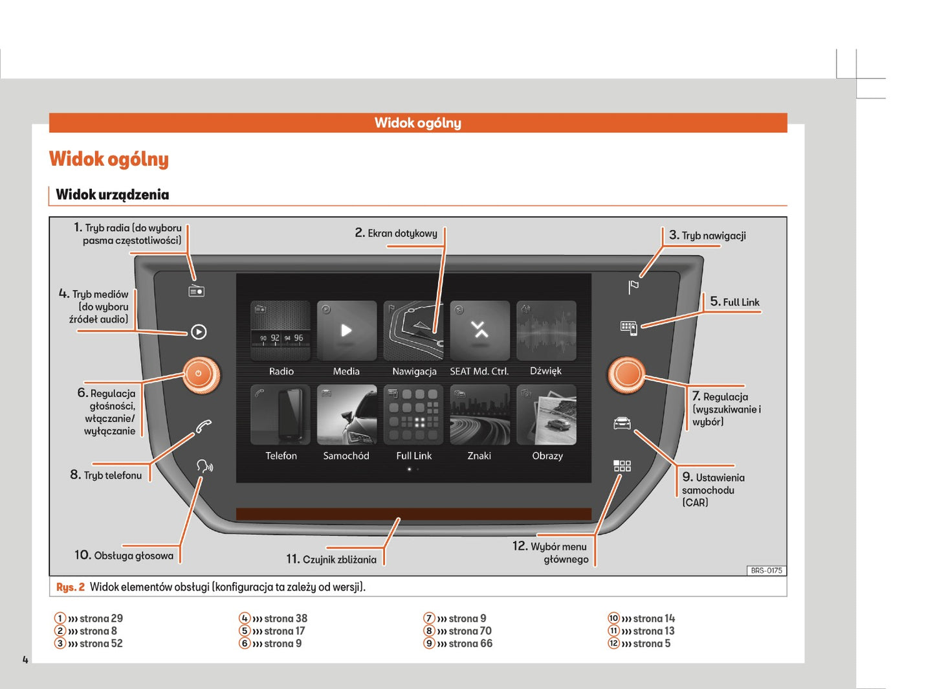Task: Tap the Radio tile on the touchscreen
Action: tap(280, 331)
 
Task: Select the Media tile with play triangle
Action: tap(347, 331)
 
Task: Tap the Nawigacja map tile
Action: tap(413, 331)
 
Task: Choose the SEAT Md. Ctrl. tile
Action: tap(479, 331)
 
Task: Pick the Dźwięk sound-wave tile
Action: tap(546, 331)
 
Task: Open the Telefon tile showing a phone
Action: tap(280, 415)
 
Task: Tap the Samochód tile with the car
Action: tap(347, 415)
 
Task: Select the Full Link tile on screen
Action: tap(413, 415)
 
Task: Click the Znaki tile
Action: tap(479, 415)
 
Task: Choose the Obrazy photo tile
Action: tap(546, 415)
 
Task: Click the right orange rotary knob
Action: tap(626, 374)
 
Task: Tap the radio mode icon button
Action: tap(196, 291)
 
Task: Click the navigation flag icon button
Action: tap(633, 287)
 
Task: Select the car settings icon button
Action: tap(622, 424)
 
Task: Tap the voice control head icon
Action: tap(204, 466)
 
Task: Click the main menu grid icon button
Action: tap(622, 466)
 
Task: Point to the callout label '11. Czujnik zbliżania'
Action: tap(331, 559)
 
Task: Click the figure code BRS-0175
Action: tap(766, 570)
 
